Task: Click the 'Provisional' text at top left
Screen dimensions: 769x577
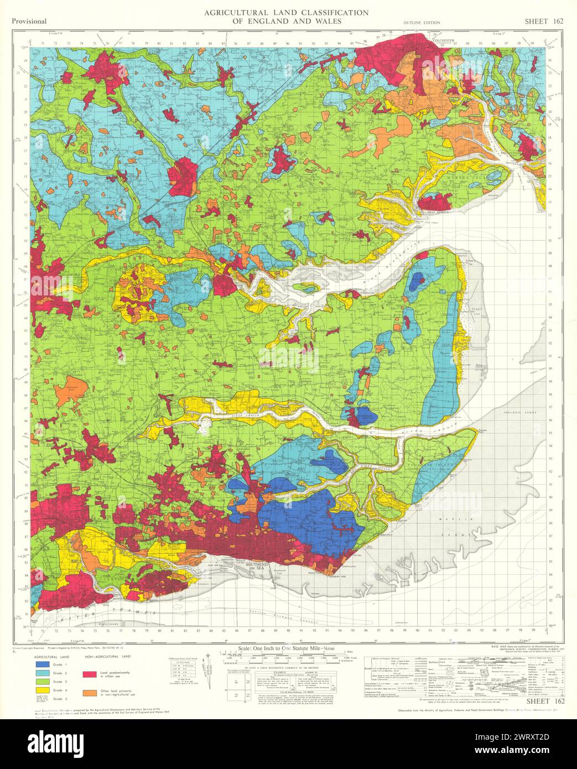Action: (x=28, y=22)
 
